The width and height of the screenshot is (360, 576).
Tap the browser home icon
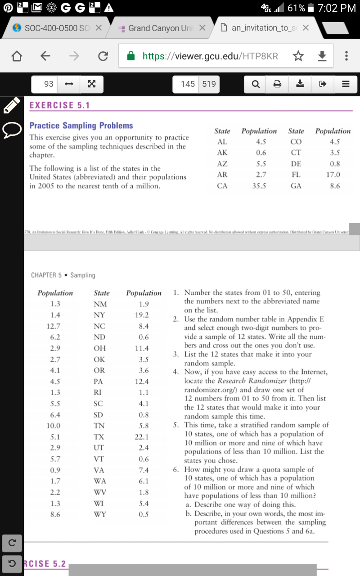point(17,56)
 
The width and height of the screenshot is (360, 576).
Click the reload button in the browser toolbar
point(103,56)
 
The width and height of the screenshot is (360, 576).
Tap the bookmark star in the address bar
point(297,56)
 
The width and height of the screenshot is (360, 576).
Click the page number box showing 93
point(49,84)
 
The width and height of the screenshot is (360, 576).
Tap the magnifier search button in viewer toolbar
point(256,84)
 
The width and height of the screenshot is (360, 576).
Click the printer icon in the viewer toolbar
point(278,84)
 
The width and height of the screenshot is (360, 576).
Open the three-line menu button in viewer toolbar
point(346,84)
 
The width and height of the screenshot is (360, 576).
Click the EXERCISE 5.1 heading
point(59,105)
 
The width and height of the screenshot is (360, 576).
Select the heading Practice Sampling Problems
point(81,126)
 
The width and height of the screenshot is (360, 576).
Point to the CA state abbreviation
point(222,185)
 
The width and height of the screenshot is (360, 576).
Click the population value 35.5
point(259,185)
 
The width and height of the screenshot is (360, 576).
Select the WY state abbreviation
point(99,514)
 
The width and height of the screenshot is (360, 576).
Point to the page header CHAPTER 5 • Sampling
point(63,275)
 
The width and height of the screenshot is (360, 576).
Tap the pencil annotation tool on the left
point(11,105)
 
